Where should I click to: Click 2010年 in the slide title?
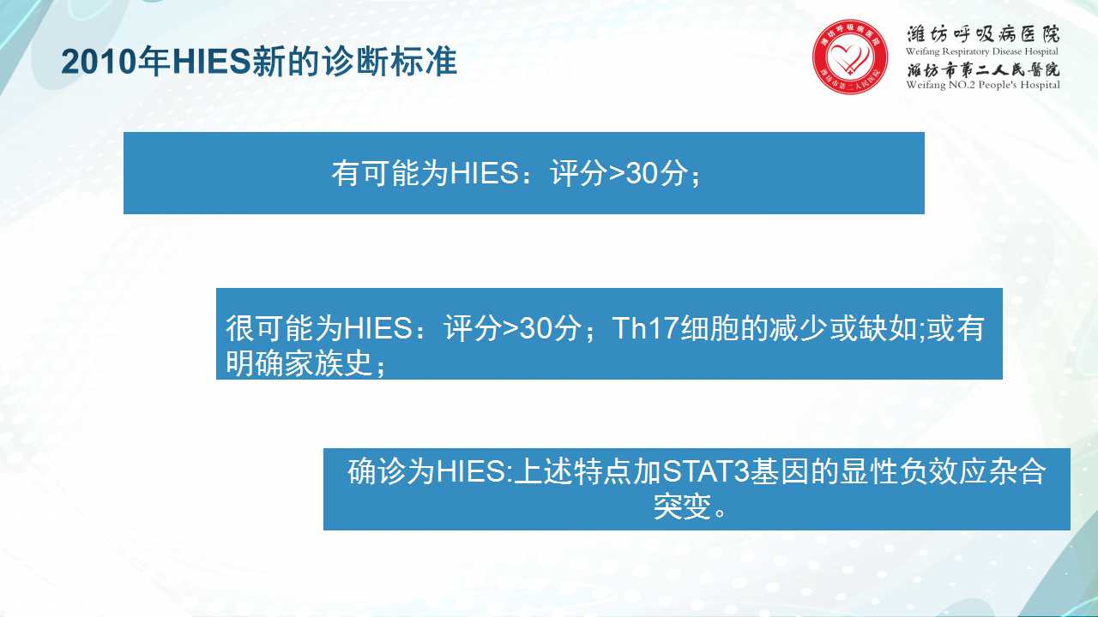pyautogui.click(x=116, y=63)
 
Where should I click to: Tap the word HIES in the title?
pyautogui.click(x=212, y=63)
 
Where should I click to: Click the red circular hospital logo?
pyautogui.click(x=850, y=57)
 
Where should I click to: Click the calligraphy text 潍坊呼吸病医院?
pyautogui.click(x=983, y=34)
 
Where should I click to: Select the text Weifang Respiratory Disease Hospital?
pyautogui.click(x=982, y=52)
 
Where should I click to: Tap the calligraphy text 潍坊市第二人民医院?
pyautogui.click(x=983, y=70)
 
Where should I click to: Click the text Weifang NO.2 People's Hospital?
pyautogui.click(x=983, y=85)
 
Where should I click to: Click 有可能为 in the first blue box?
pyautogui.click(x=389, y=173)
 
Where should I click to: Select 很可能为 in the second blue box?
pyautogui.click(x=284, y=328)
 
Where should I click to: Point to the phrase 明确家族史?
pyautogui.click(x=299, y=363)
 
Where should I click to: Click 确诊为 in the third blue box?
pyautogui.click(x=391, y=471)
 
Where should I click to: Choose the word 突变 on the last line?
pyautogui.click(x=682, y=507)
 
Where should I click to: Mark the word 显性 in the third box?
pyautogui.click(x=870, y=471)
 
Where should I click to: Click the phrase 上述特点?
pyautogui.click(x=573, y=471)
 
